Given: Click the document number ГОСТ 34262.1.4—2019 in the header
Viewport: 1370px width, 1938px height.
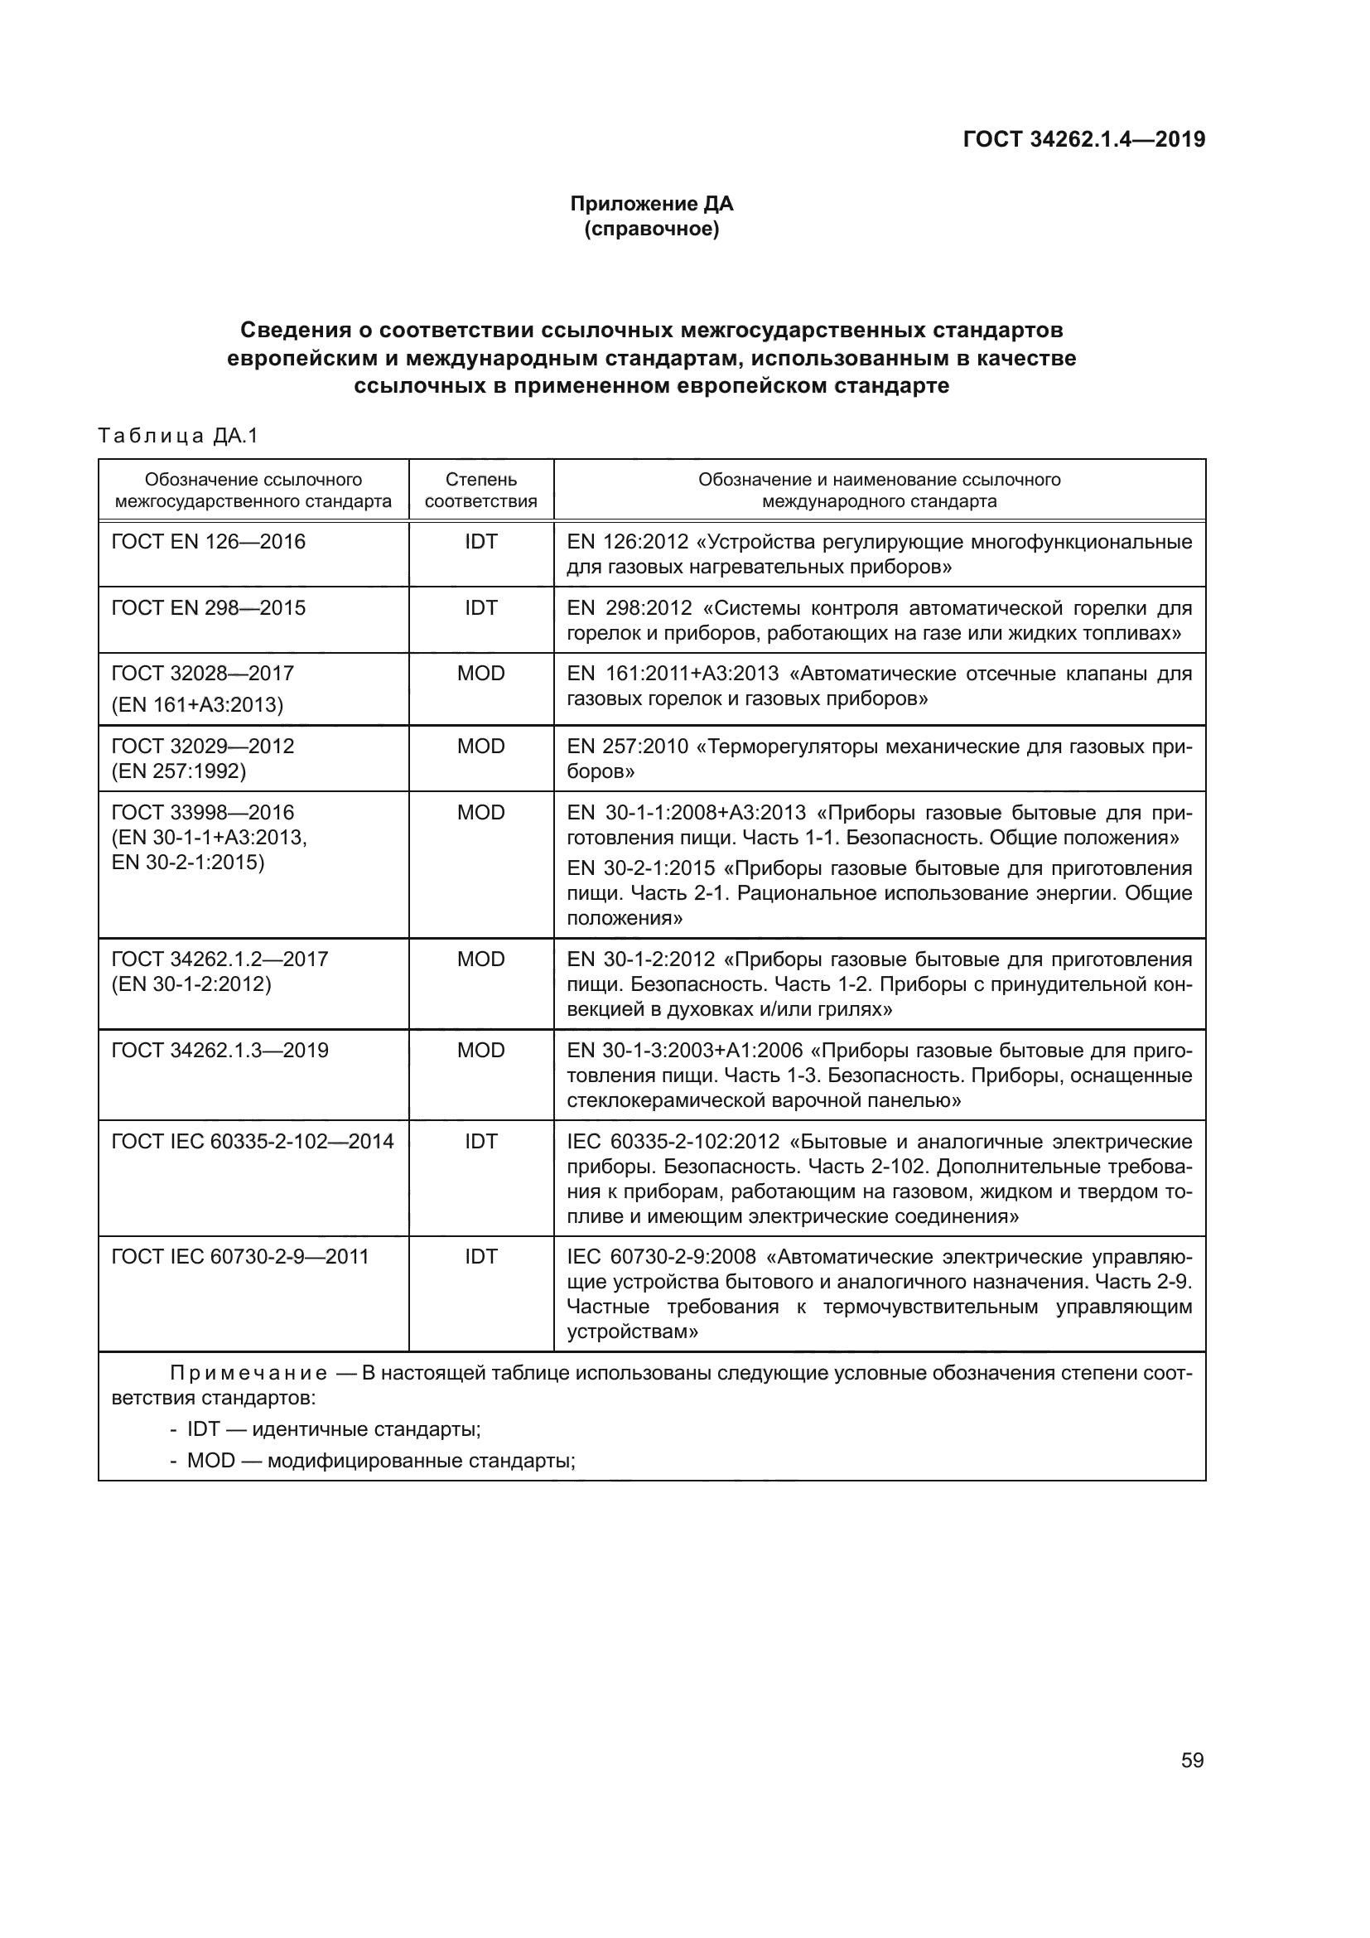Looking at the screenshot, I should click(x=1083, y=139).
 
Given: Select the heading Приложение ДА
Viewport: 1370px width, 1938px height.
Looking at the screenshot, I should click(x=651, y=204).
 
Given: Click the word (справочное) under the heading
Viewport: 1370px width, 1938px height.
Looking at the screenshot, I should click(x=651, y=229).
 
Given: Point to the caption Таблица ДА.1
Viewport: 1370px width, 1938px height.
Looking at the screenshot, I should click(x=178, y=437).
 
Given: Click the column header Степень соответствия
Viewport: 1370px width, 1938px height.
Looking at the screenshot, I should click(x=481, y=491).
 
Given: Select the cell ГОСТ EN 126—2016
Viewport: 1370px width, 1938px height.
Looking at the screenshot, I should click(x=209, y=542).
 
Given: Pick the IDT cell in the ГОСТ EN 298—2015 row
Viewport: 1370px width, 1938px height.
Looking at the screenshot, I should click(x=481, y=607).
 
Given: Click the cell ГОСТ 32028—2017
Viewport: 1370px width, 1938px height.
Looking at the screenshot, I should click(x=202, y=674).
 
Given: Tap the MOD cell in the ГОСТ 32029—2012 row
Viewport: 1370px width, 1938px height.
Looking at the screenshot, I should click(x=481, y=747).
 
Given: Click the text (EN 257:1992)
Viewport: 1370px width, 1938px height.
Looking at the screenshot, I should click(x=179, y=771).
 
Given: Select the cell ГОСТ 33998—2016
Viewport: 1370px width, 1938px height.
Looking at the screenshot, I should click(x=202, y=813).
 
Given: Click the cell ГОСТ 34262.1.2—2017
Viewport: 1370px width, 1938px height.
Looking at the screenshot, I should click(x=219, y=959).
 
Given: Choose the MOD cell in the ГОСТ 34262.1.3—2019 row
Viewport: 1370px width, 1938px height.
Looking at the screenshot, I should click(x=481, y=1051).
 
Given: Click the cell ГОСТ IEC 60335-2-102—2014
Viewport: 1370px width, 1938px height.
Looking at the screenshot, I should click(x=253, y=1142).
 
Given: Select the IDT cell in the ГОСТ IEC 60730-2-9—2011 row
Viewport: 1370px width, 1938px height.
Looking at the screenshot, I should click(x=481, y=1257).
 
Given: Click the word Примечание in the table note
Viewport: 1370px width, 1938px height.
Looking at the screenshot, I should click(x=248, y=1373).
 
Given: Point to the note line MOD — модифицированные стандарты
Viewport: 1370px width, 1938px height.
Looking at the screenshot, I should click(x=380, y=1460).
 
